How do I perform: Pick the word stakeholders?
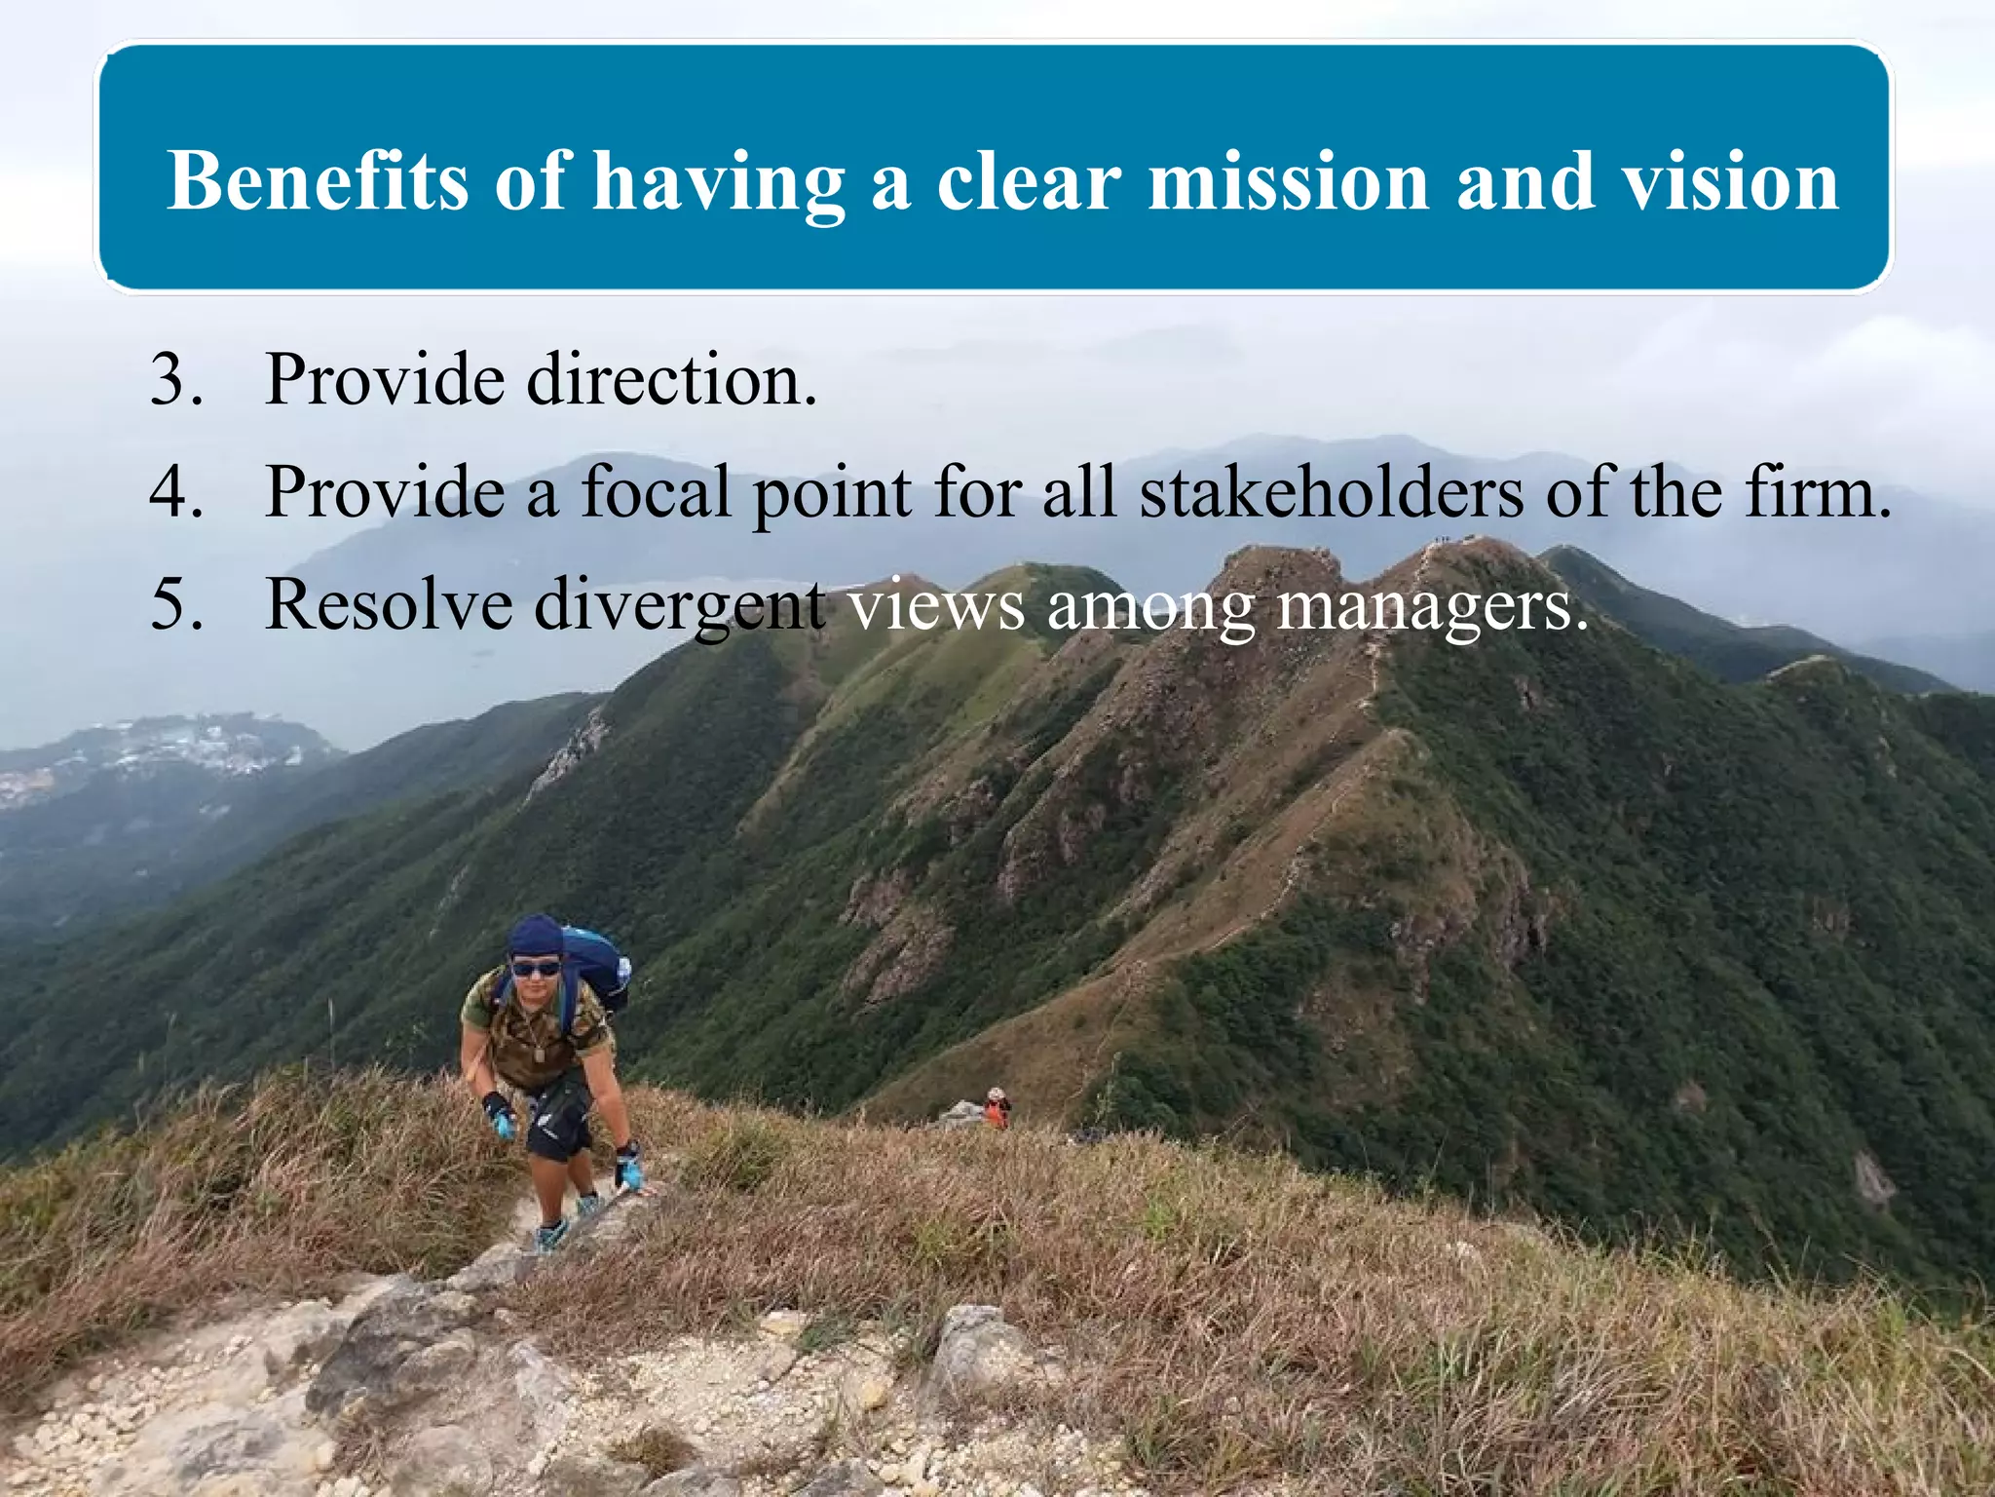click(1331, 491)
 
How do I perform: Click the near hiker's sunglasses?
click(536, 969)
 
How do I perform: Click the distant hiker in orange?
click(996, 1108)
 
